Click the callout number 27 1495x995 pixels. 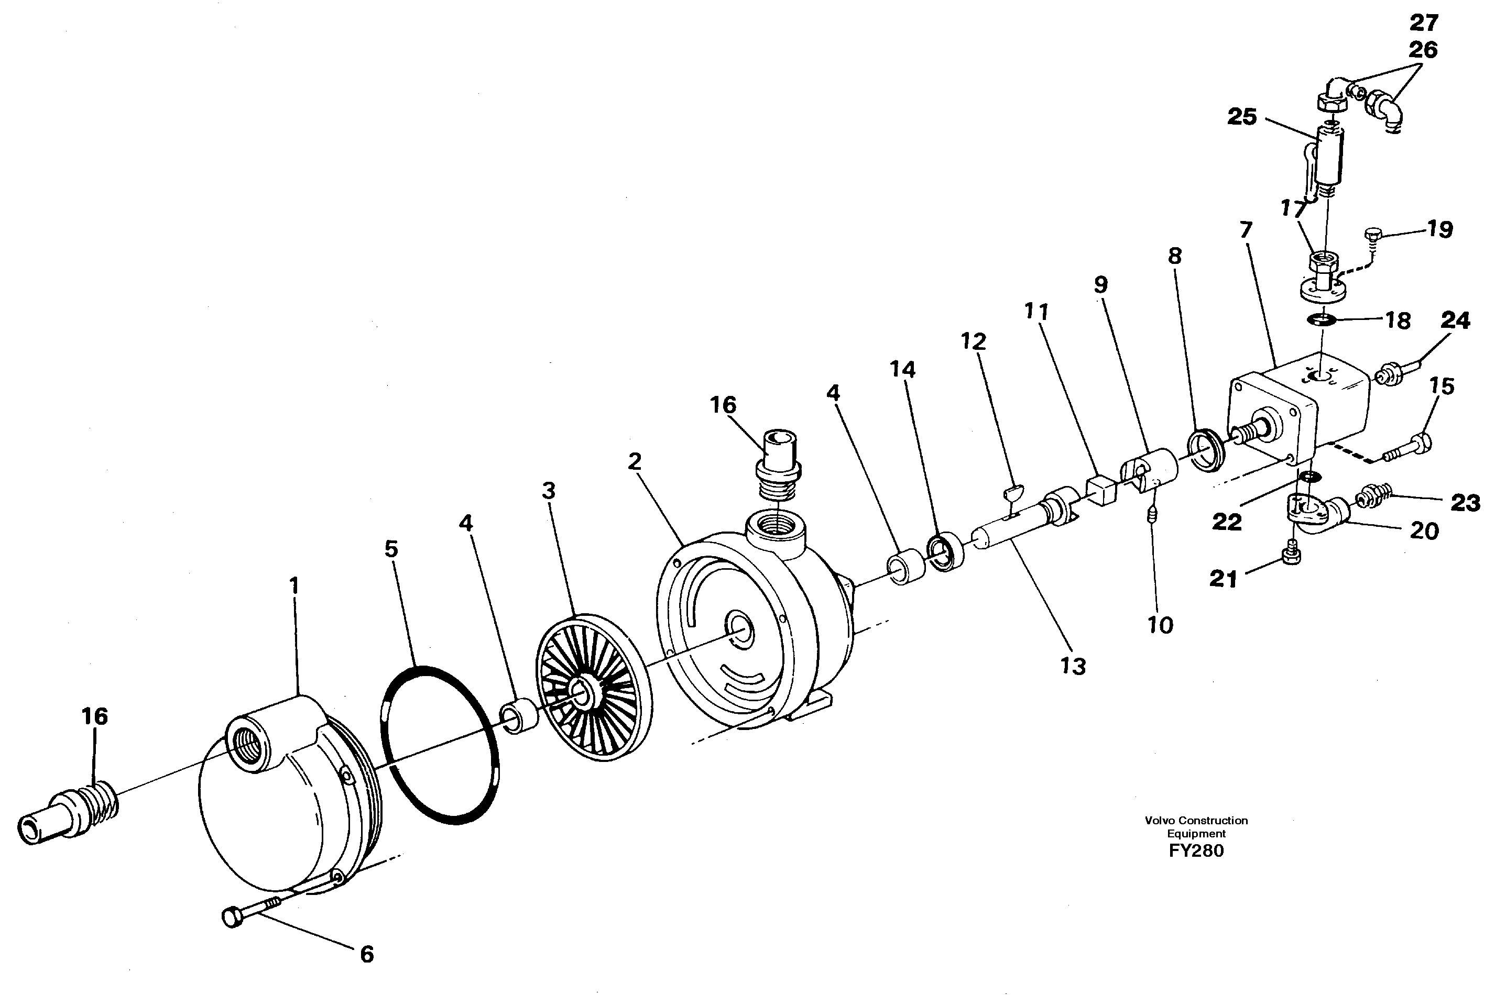pos(1423,23)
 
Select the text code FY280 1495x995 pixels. pos(1196,851)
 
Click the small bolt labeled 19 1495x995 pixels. pos(1371,236)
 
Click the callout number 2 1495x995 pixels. pos(634,461)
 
